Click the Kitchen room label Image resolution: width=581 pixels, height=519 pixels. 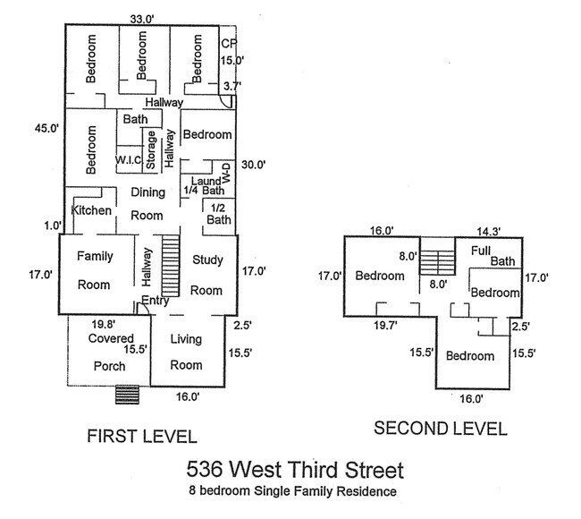pyautogui.click(x=92, y=210)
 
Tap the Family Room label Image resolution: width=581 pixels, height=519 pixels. pyautogui.click(x=94, y=270)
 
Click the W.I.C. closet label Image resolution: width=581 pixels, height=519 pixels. pyautogui.click(x=129, y=160)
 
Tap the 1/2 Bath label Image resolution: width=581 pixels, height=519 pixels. pyautogui.click(x=218, y=213)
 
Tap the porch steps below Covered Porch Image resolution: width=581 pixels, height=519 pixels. pyautogui.click(x=125, y=395)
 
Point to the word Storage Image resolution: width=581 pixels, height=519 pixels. pyautogui.click(x=152, y=150)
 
